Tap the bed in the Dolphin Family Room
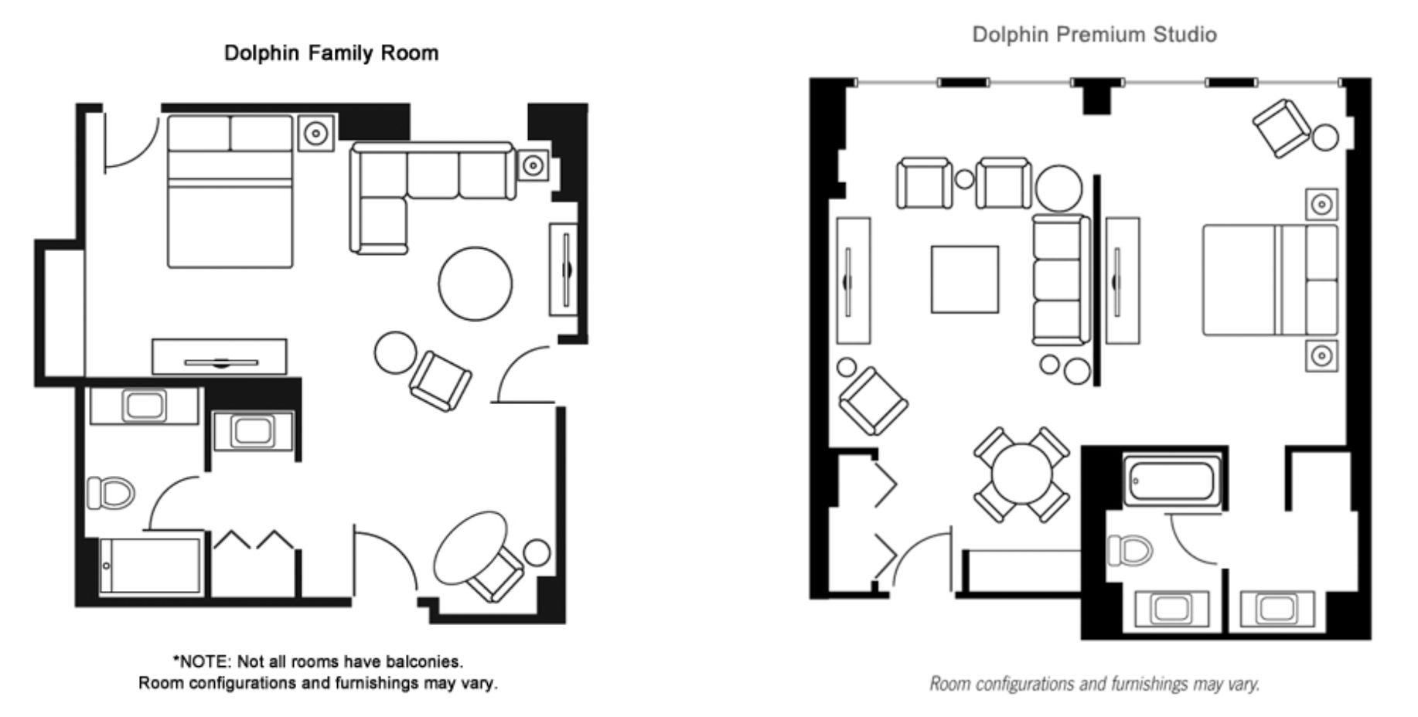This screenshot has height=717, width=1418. (x=230, y=192)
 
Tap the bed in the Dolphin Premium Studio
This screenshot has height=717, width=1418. (x=1270, y=280)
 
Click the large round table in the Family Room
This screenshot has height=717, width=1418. (x=475, y=284)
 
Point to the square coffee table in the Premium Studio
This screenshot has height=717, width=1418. (x=964, y=279)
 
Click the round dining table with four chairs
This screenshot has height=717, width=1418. (x=1021, y=474)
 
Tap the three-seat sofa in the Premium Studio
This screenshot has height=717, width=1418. (x=1060, y=280)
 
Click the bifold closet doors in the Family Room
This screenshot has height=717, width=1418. (x=254, y=540)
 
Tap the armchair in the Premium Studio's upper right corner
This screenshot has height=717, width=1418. (x=1280, y=127)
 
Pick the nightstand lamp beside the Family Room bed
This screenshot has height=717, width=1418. (x=315, y=133)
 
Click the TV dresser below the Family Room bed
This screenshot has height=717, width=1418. (x=220, y=356)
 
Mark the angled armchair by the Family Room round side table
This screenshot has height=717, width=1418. (x=440, y=380)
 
